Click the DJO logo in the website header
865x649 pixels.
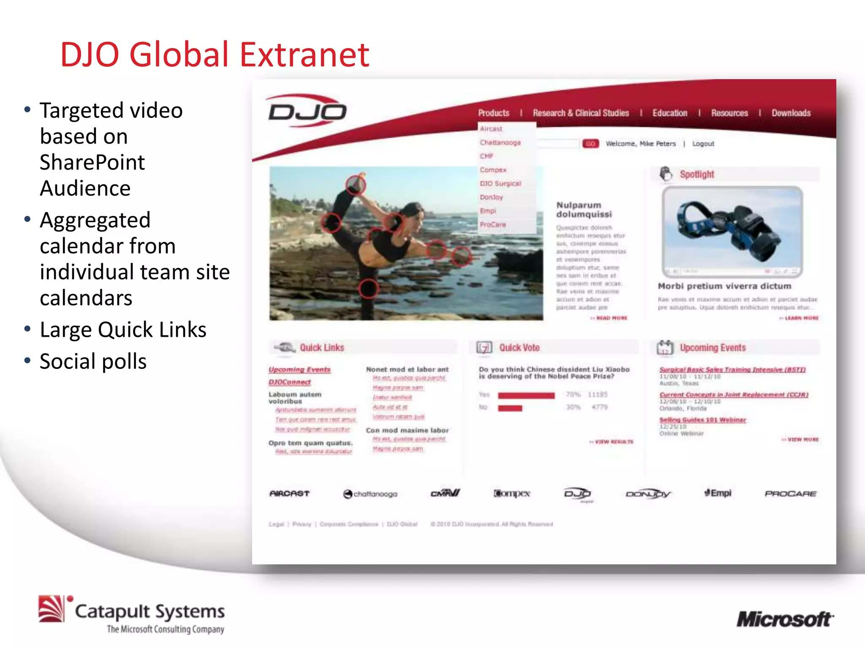(x=307, y=112)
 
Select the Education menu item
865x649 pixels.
(x=669, y=113)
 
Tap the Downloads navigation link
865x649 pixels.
(x=791, y=113)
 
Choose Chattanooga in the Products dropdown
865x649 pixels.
(x=500, y=143)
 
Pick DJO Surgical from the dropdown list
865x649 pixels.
(x=500, y=184)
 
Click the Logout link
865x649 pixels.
(x=703, y=144)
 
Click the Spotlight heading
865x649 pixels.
(x=696, y=175)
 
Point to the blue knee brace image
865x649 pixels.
(x=732, y=230)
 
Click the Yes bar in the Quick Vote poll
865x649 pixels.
(x=526, y=395)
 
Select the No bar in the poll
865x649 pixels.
(x=510, y=408)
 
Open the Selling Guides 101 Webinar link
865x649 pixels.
(x=702, y=420)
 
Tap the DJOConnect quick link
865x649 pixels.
(x=289, y=382)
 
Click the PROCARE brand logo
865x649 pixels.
(x=790, y=494)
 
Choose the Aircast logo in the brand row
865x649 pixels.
(x=289, y=494)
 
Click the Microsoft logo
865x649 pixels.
(x=785, y=619)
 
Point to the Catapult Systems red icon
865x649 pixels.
(x=52, y=609)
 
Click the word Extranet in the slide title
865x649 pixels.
(x=305, y=55)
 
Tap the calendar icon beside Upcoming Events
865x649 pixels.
(x=665, y=347)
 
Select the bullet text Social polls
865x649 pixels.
(x=93, y=362)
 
